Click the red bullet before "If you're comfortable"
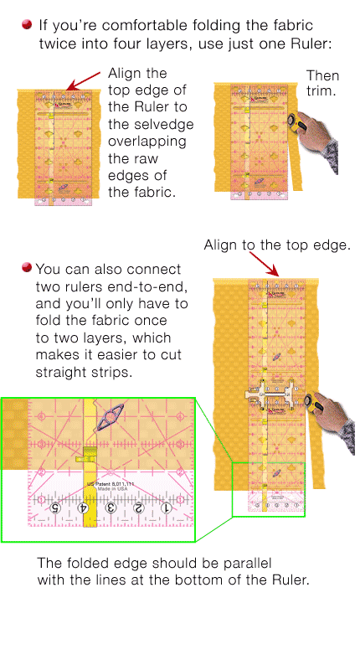tap(28, 26)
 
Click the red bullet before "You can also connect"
tap(28, 268)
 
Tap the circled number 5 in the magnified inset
tap(55, 508)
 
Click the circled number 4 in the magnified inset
tap(84, 508)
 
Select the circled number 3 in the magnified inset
tap(111, 508)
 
